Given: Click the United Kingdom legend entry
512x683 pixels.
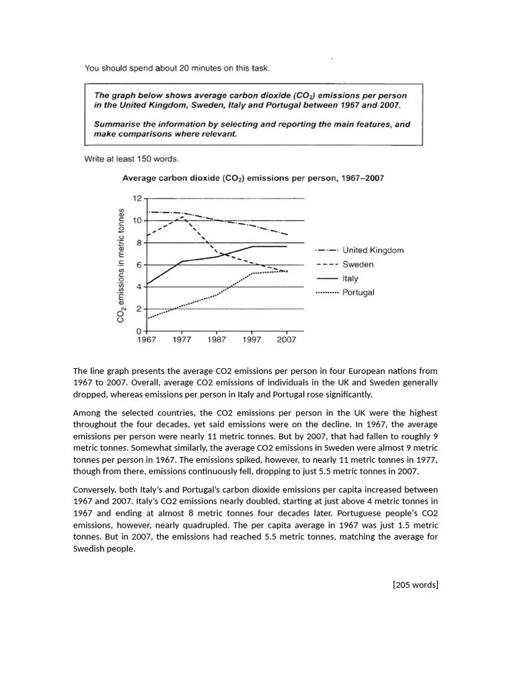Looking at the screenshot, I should tap(373, 250).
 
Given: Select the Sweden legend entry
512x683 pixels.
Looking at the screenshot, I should tap(357, 264).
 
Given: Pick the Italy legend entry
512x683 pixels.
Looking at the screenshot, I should tap(350, 279).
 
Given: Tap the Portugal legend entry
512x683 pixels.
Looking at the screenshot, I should tap(358, 293).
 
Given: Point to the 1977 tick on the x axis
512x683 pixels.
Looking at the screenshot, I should tap(181, 339).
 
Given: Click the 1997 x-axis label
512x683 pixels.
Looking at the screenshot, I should tap(251, 339).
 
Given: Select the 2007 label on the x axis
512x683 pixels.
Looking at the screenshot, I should tap(287, 339).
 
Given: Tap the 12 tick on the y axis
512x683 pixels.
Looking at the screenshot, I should tap(137, 199).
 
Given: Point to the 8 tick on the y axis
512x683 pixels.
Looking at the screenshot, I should tap(137, 243).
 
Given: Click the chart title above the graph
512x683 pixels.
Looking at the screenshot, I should tap(251, 178).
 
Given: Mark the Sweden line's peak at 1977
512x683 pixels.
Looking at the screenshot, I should tap(181, 217).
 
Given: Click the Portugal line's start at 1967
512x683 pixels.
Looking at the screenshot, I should tap(147, 318).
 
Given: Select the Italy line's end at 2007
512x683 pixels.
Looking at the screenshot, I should tap(287, 246).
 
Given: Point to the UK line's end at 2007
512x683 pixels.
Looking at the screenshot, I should tap(287, 235).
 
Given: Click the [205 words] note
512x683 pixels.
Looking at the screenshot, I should tap(415, 585).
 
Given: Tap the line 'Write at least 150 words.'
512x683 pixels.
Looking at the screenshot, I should tap(131, 159).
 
